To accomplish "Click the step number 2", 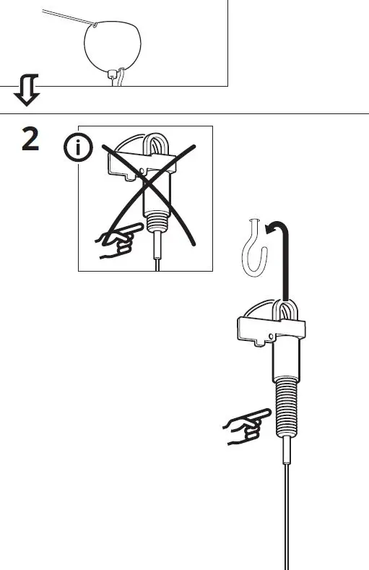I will tap(30, 139).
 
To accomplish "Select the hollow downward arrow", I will tap(27, 92).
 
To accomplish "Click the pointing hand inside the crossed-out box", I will tap(117, 241).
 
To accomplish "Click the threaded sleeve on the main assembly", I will tap(287, 408).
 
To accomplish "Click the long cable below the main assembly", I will tap(287, 513).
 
